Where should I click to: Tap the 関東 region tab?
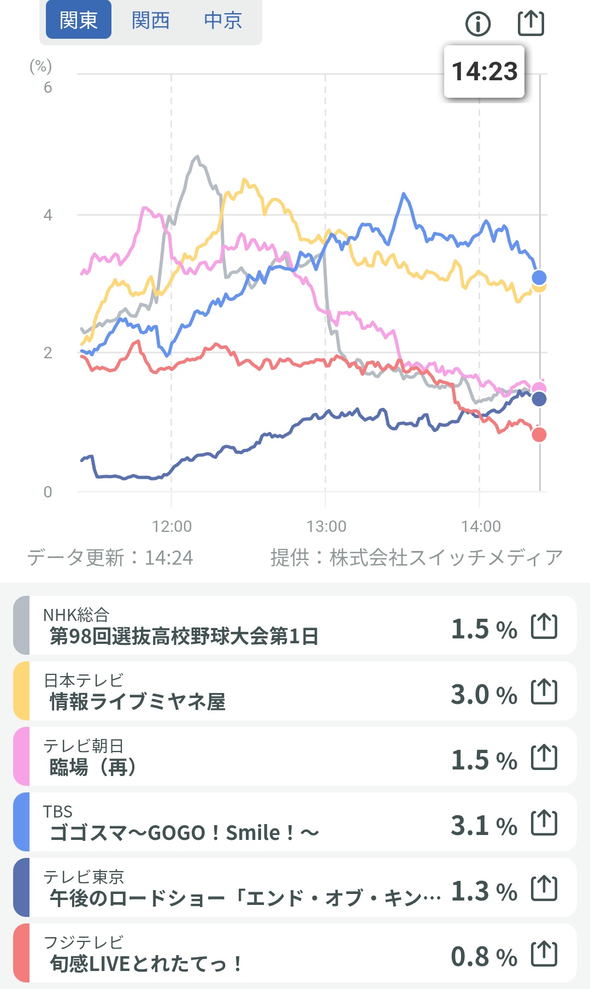tap(79, 20)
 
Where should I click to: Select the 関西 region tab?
tap(151, 20)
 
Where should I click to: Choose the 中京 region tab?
tap(223, 20)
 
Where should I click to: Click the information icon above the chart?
tap(478, 23)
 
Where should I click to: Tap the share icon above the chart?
tap(530, 23)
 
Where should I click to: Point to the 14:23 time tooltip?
tap(484, 72)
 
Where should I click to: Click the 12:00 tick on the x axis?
tap(172, 526)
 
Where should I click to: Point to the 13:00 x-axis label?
tap(326, 526)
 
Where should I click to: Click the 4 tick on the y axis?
tap(48, 215)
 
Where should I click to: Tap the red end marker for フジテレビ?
tap(539, 435)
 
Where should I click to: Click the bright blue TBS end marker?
tap(539, 277)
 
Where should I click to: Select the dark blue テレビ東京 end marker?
tap(539, 399)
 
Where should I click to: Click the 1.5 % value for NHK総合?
tap(483, 629)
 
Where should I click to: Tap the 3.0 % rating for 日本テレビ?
tap(483, 695)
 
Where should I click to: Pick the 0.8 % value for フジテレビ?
tap(483, 957)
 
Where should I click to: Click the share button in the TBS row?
tap(544, 823)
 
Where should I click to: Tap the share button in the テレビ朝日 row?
tap(544, 757)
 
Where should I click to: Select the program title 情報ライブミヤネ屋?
tap(137, 702)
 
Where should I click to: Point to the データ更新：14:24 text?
tap(110, 558)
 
